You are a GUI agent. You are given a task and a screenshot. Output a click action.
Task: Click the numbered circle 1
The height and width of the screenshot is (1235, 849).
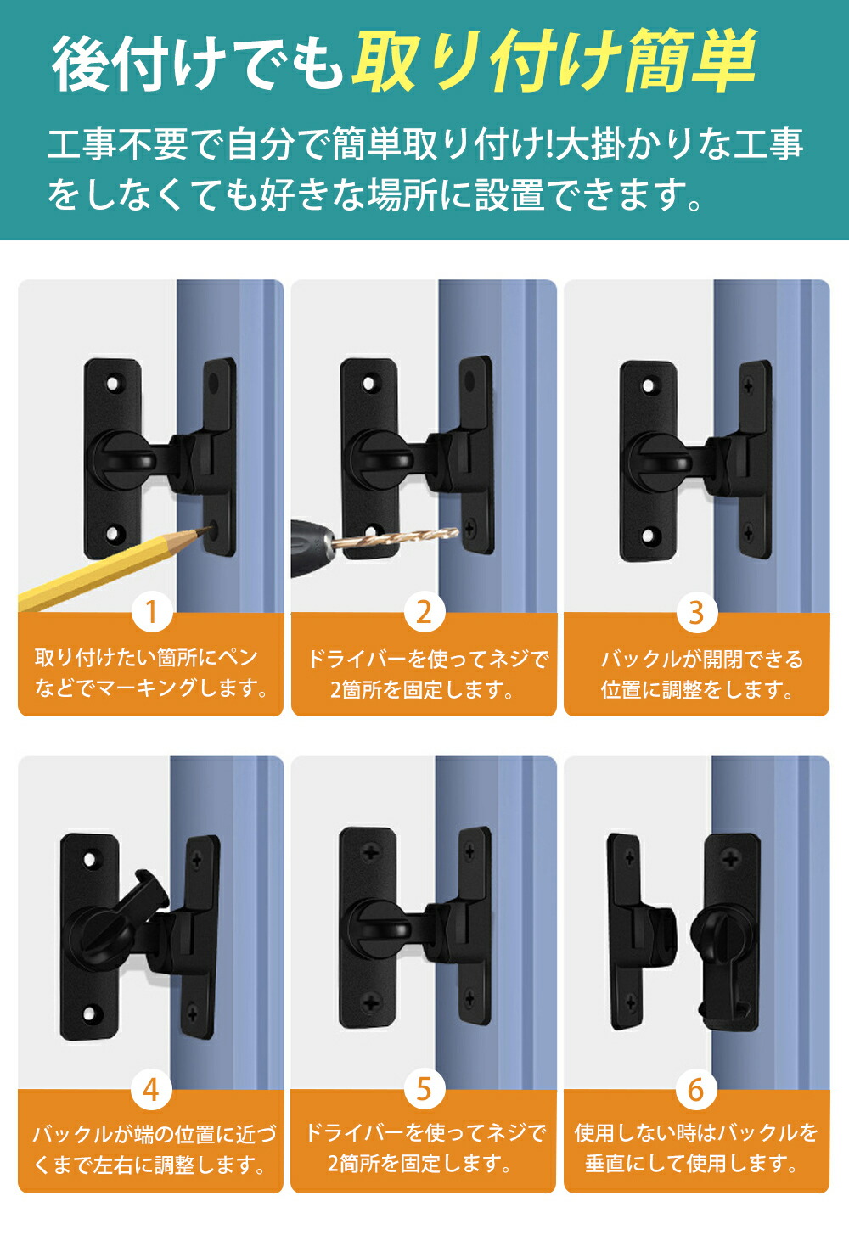[152, 612]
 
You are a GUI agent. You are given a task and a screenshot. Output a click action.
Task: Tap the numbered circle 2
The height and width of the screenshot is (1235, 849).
[424, 612]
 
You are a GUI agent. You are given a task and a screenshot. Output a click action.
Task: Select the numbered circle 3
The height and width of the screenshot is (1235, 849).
[697, 612]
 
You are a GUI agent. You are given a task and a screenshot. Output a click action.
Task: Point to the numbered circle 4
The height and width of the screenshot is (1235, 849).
[152, 1089]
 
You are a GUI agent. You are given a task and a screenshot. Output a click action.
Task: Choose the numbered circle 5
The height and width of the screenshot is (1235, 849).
[424, 1089]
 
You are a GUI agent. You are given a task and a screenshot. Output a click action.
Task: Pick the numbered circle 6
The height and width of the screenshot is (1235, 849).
[696, 1089]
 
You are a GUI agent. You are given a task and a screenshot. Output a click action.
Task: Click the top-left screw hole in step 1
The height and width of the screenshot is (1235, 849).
[113, 382]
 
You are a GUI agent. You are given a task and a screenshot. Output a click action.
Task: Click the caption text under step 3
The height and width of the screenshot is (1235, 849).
[697, 674]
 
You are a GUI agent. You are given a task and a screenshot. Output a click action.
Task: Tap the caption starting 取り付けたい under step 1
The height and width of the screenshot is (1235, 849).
[151, 672]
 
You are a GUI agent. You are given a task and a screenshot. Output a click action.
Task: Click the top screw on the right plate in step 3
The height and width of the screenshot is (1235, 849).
[748, 385]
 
